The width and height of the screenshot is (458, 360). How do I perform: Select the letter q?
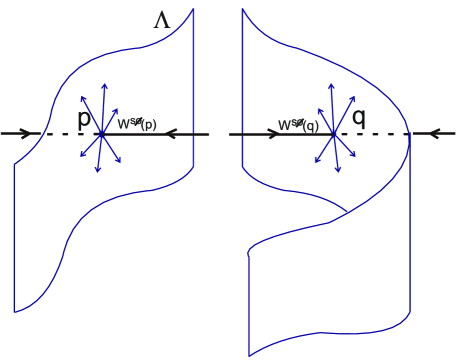click(x=358, y=117)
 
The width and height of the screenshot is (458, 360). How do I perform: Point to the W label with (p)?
click(x=135, y=124)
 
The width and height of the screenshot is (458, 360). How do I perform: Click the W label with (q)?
click(x=298, y=125)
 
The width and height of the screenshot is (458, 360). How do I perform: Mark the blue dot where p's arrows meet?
click(x=102, y=133)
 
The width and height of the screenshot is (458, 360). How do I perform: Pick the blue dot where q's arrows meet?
click(x=334, y=133)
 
